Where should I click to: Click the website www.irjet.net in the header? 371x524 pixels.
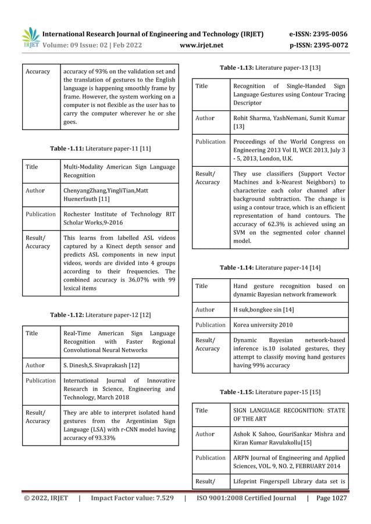pyautogui.click(x=202, y=45)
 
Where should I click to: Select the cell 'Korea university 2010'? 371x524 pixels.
pyautogui.click(x=263, y=325)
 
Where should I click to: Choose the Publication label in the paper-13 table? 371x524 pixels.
pyautogui.click(x=211, y=142)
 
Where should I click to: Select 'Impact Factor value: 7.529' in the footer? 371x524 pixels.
pyautogui.click(x=131, y=498)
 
